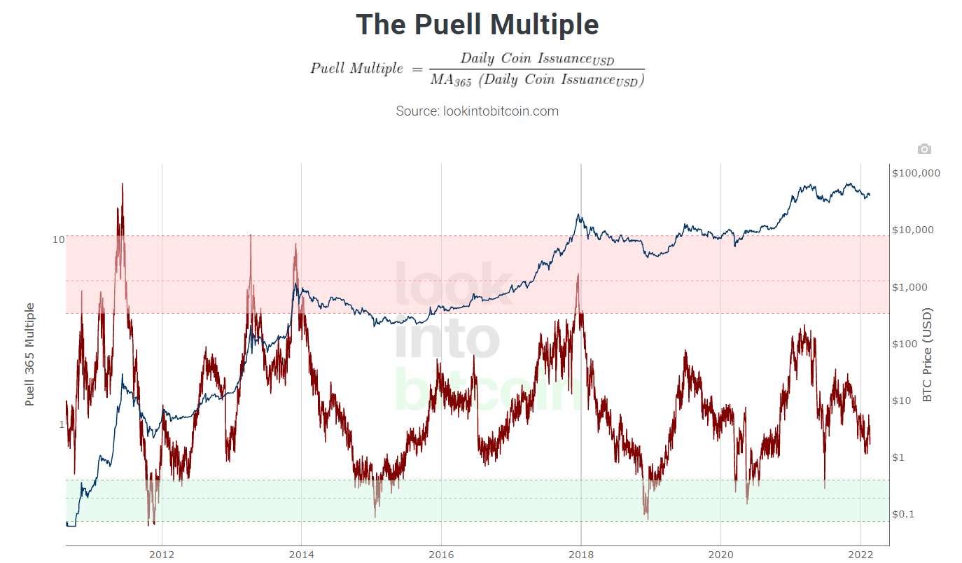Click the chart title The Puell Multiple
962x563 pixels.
(x=477, y=25)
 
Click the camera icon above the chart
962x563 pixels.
(x=924, y=149)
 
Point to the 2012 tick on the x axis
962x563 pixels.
(x=162, y=554)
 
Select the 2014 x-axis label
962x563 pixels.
(x=301, y=554)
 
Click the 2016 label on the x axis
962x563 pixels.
(x=441, y=554)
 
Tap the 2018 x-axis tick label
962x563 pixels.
(x=580, y=554)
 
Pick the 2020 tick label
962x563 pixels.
(x=720, y=554)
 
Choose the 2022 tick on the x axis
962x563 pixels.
(x=860, y=554)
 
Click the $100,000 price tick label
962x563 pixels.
(x=916, y=173)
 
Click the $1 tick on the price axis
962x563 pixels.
(x=902, y=457)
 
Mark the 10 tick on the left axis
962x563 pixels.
(x=59, y=239)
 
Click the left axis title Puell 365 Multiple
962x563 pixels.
(x=30, y=354)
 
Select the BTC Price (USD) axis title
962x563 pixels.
(x=928, y=354)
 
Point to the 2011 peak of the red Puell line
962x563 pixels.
(x=123, y=184)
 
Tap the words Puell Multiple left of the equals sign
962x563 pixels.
(x=357, y=68)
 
